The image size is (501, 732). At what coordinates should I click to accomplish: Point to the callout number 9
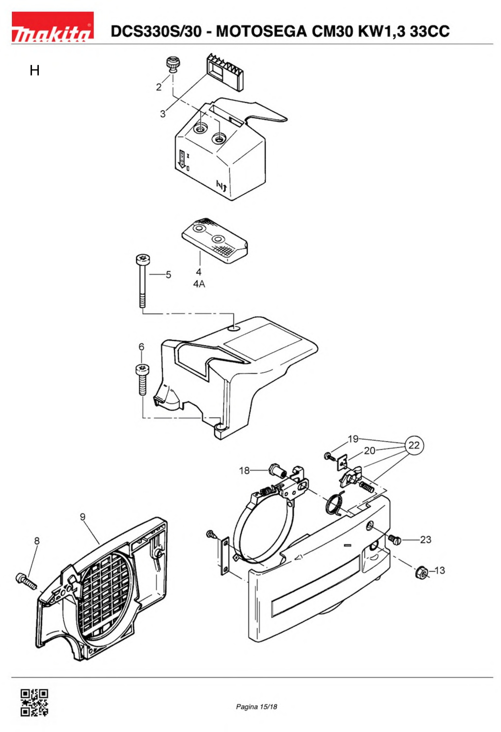(82, 517)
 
